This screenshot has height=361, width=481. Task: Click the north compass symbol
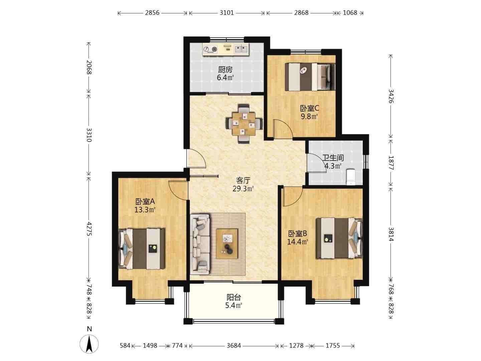pos(89,344)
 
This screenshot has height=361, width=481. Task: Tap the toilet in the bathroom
pos(350,177)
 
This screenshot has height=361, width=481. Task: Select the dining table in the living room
pos(244,124)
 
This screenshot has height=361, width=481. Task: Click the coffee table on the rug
pos(227,244)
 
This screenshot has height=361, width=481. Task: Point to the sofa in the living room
pos(200,244)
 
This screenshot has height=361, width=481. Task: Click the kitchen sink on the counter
pos(242,48)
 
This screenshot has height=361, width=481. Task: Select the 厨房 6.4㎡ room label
pos(225,74)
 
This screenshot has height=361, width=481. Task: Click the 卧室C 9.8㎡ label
pos(309,112)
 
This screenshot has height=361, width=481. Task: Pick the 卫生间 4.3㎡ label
pos(333,162)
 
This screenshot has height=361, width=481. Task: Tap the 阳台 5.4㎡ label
pos(233,302)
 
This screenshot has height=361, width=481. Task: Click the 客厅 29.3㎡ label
pos(243,184)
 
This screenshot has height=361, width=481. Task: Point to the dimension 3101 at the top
pos(227,13)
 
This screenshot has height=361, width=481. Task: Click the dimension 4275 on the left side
pos(89,229)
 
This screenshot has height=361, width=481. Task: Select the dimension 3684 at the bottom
pos(234,346)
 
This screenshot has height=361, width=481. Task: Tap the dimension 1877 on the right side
pos(391,163)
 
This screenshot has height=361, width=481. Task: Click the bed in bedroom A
pos(142,249)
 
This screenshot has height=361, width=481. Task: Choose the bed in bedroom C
pos(310,77)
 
